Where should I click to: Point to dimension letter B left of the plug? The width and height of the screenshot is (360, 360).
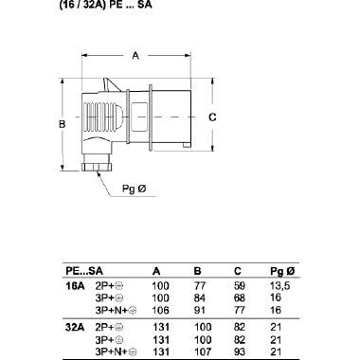(x=60, y=124)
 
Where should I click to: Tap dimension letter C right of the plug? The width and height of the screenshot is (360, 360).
(x=212, y=117)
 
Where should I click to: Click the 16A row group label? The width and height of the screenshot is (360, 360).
(x=74, y=284)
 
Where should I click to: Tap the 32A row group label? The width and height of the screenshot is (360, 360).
(x=74, y=327)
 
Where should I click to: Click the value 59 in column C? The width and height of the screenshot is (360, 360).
(x=240, y=284)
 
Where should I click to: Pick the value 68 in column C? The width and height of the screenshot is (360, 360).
(x=240, y=296)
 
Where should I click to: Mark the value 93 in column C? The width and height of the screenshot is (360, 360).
(x=240, y=350)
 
